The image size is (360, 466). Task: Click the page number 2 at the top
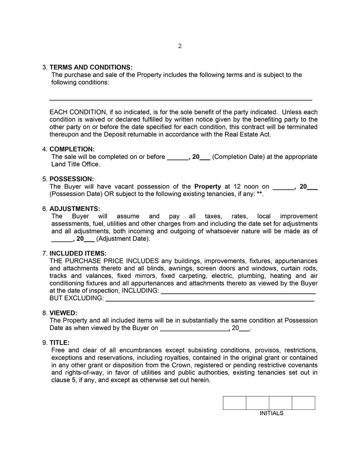[180, 46]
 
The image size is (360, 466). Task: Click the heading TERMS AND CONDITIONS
[91, 67]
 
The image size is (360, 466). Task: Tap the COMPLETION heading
[72, 149]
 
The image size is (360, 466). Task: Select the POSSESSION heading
[72, 179]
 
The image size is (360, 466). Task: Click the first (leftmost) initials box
[234, 403]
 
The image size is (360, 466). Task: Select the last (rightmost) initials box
[303, 403]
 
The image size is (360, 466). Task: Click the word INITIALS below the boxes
[271, 413]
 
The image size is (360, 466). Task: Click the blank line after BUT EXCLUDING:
[209, 299]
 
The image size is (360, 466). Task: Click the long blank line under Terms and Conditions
[180, 99]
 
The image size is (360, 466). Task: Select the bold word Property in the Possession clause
[207, 186]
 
